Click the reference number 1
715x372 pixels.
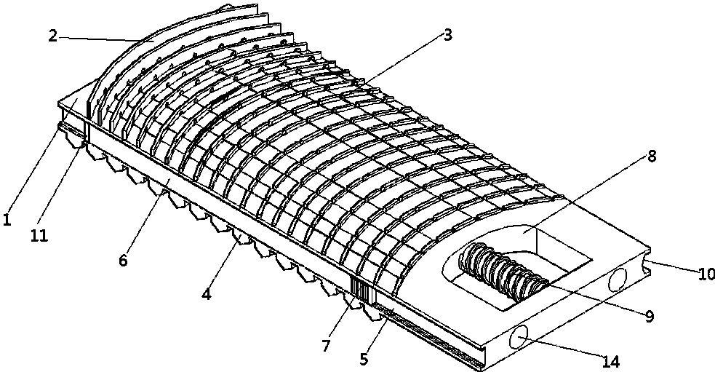[x=7, y=220]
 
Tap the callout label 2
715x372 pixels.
[x=53, y=36]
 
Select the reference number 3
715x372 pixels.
[x=447, y=35]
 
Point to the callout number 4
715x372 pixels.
[x=206, y=294]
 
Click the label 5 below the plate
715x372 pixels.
[x=364, y=359]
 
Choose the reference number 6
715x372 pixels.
[x=123, y=260]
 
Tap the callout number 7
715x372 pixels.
[x=326, y=346]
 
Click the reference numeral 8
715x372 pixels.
[x=652, y=156]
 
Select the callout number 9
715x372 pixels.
[x=650, y=316]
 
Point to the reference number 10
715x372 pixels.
[x=706, y=274]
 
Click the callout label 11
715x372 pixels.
[x=39, y=236]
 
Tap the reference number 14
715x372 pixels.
[x=611, y=362]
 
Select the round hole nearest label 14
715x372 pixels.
[x=519, y=338]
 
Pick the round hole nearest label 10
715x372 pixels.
[x=617, y=280]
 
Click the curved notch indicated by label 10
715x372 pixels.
[x=645, y=261]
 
